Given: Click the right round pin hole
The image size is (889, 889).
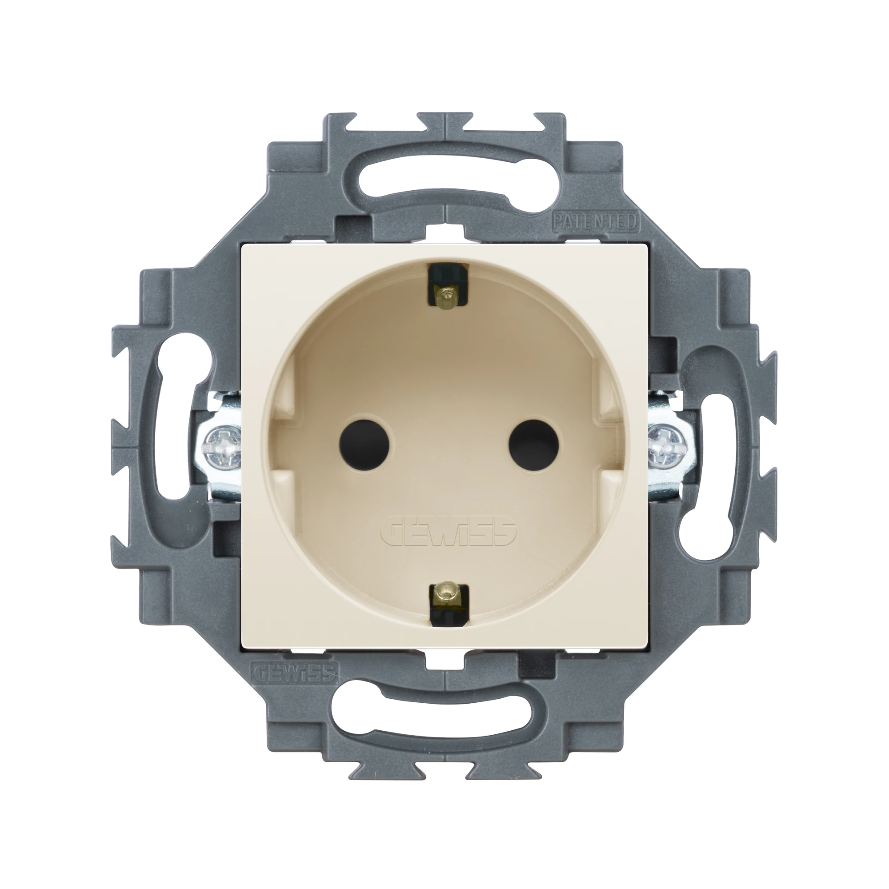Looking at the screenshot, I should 534,444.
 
